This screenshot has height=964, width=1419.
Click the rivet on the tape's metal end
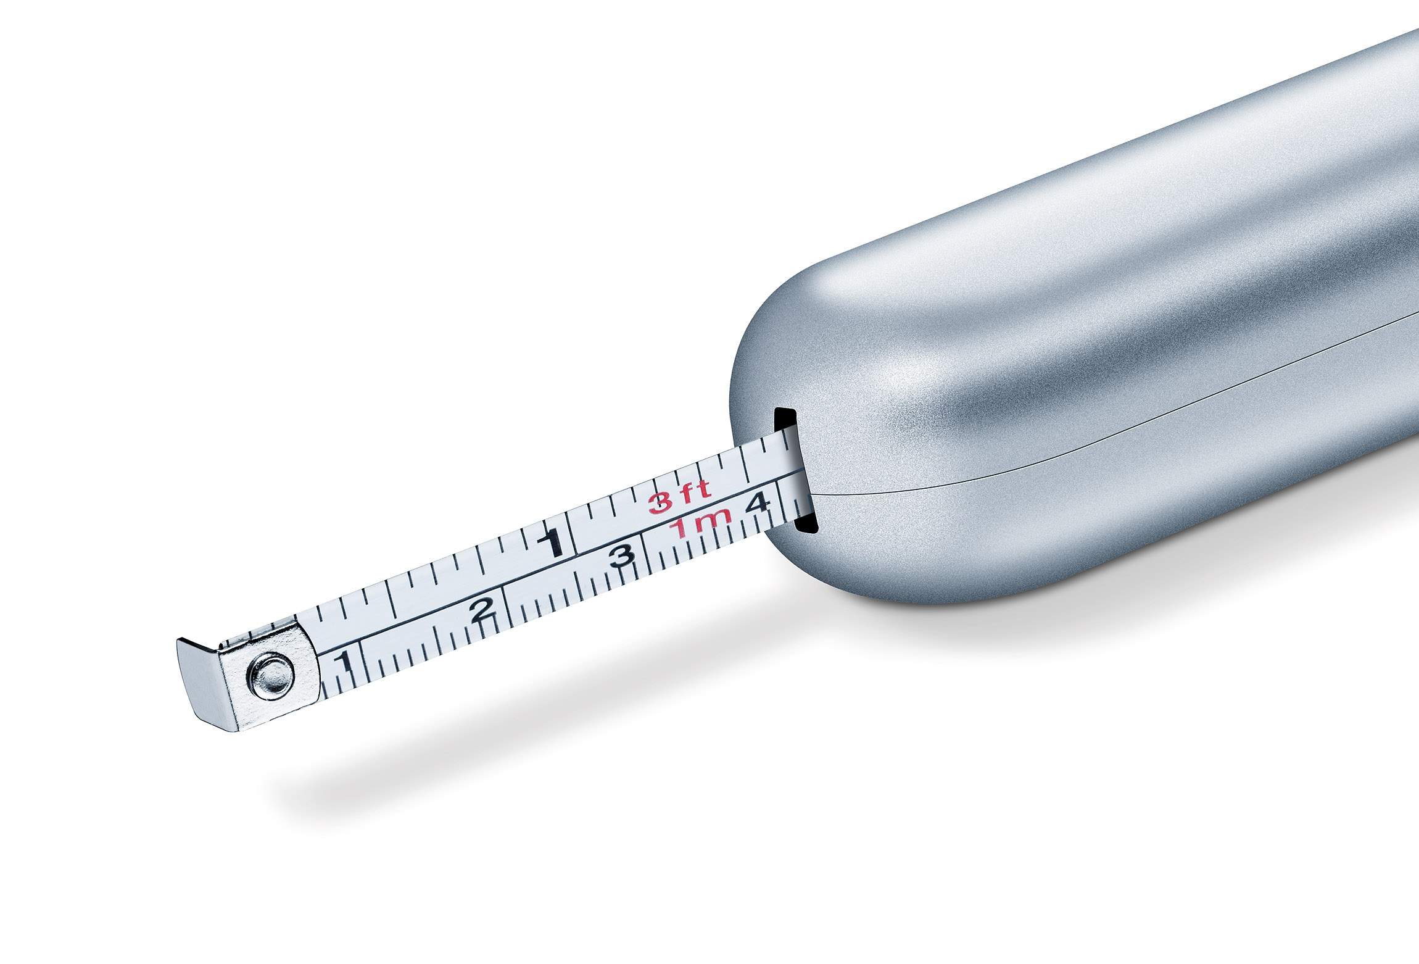(271, 676)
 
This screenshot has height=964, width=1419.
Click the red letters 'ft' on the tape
(695, 490)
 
